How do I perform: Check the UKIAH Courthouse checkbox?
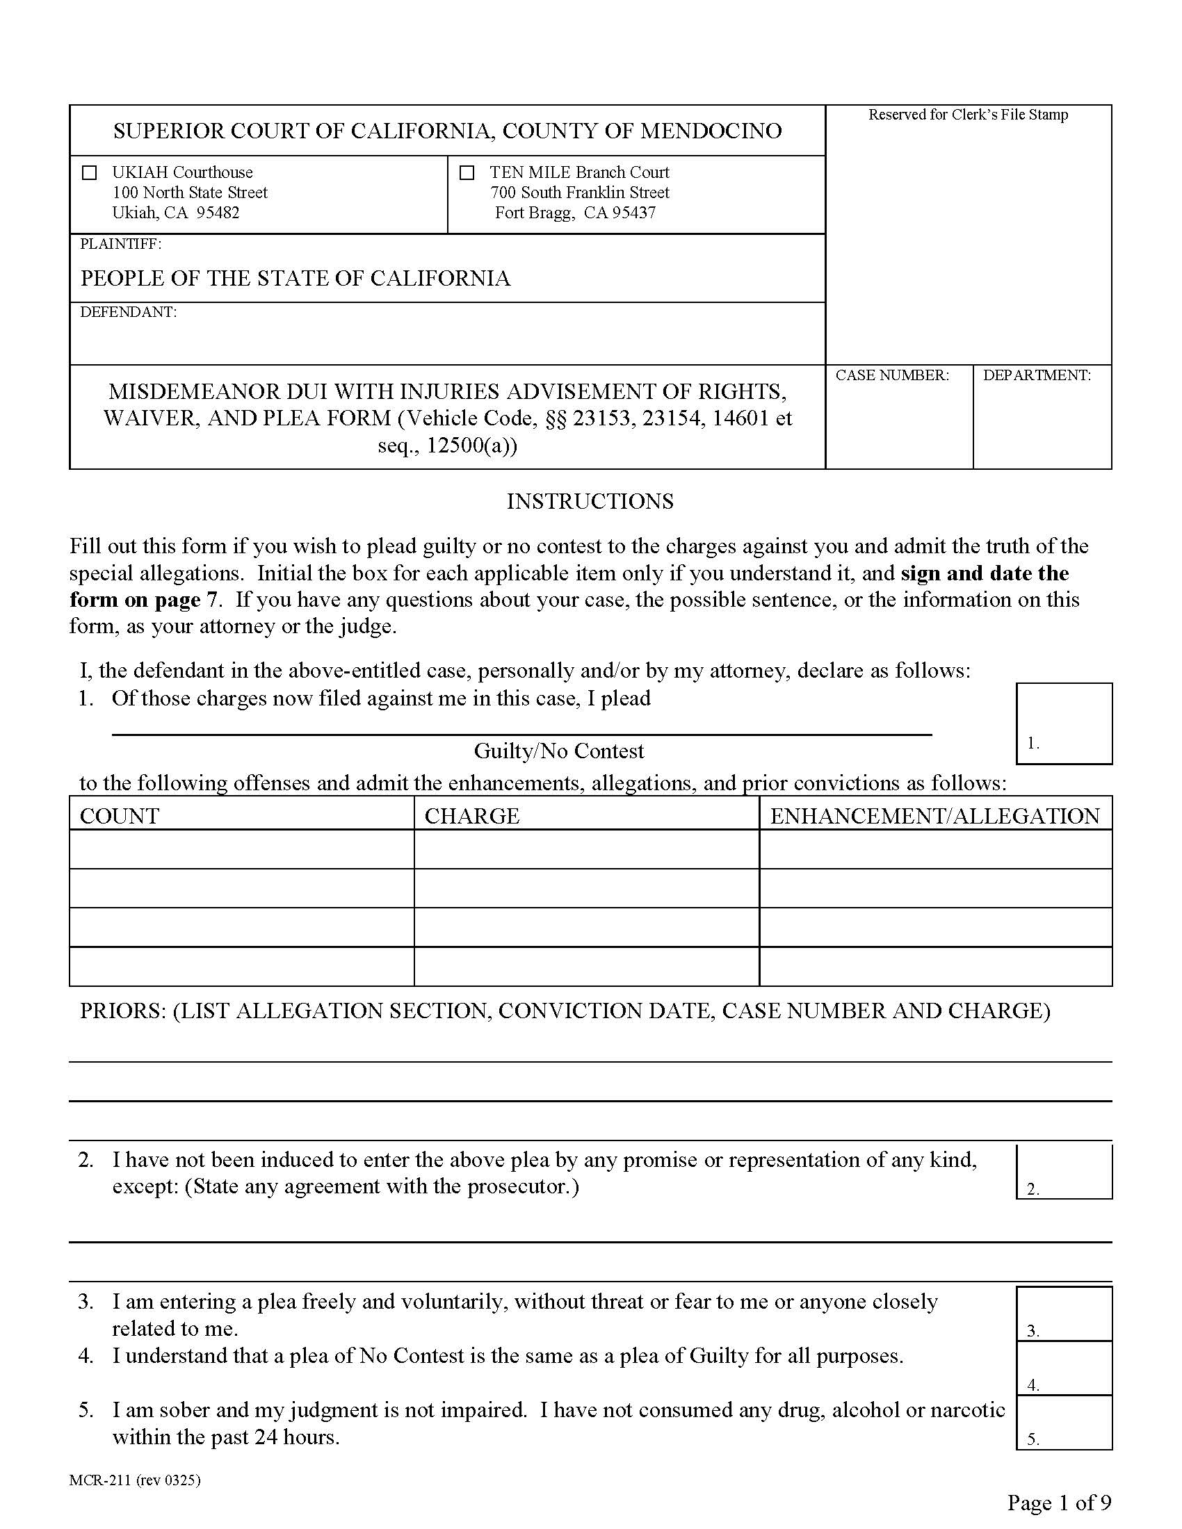90,172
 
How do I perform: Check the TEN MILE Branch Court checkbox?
467,172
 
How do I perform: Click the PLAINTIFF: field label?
120,245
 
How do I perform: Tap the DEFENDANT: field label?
128,312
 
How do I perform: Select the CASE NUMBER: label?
891,375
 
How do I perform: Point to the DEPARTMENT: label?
1037,375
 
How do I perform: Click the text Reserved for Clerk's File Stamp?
968,115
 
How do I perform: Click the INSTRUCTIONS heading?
590,501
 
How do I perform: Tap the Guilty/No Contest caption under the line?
559,751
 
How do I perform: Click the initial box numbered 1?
1064,723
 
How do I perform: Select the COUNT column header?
120,816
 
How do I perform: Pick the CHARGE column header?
472,816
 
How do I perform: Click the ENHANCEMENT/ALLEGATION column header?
934,816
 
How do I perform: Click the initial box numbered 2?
1064,1170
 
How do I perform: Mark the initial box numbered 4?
1064,1368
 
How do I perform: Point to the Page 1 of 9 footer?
1059,1503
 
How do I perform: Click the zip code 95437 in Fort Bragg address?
633,213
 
